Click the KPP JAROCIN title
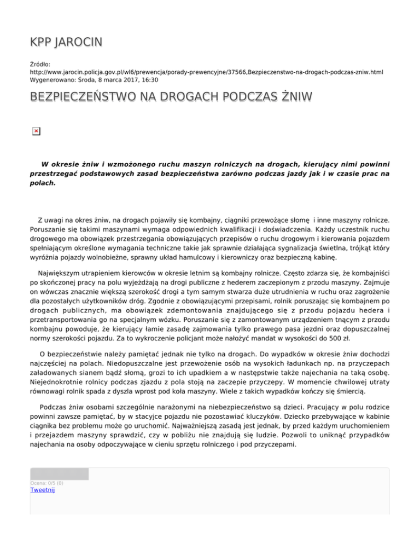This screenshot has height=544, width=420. [66, 42]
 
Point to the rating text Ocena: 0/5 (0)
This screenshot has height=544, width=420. [46, 483]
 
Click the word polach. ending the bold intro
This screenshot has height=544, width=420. [43, 184]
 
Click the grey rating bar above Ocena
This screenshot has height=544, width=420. [59, 474]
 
